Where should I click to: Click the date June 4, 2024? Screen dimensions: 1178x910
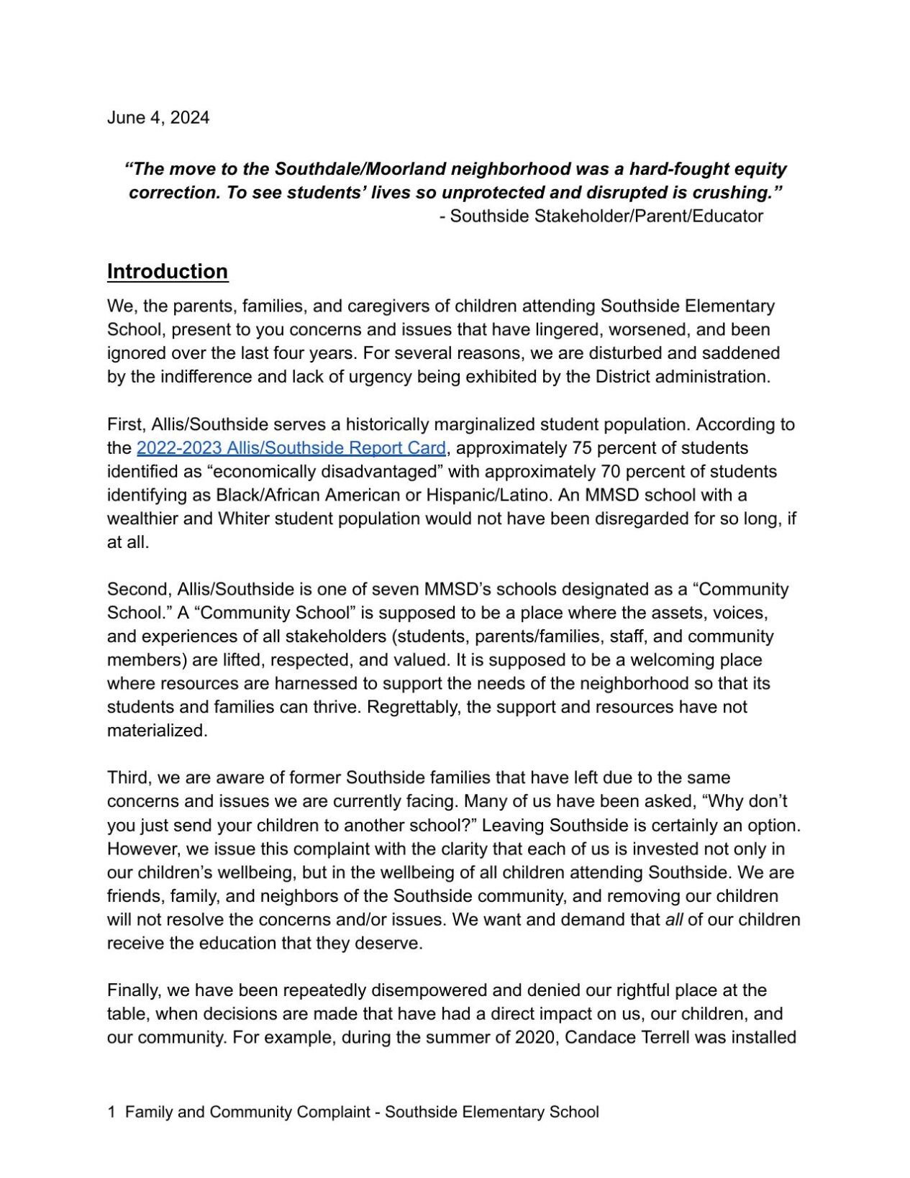click(x=158, y=118)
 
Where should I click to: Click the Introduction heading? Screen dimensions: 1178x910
click(x=168, y=271)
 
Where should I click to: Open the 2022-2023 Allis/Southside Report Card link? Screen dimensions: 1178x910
click(x=291, y=448)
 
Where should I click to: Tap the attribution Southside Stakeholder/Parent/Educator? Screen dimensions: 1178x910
click(x=606, y=216)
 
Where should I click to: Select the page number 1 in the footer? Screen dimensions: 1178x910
click(x=112, y=1112)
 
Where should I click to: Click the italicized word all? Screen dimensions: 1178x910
click(x=673, y=920)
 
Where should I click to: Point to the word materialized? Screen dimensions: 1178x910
click(x=157, y=731)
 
